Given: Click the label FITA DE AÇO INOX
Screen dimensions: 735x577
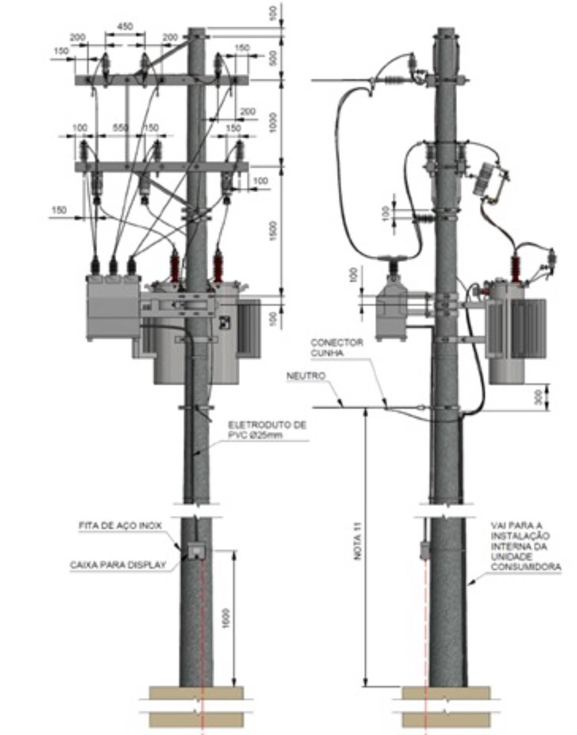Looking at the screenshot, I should (x=120, y=526).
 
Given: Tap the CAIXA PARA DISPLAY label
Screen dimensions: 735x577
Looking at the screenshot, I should (x=118, y=565).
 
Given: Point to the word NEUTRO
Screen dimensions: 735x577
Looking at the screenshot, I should (x=306, y=376).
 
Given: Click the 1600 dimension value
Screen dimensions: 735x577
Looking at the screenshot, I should (x=226, y=618).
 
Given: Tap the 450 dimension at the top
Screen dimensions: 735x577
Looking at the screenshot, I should (x=125, y=27).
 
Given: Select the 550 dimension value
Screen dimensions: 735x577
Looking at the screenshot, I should (x=120, y=128).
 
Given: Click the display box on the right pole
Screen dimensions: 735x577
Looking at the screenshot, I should (x=424, y=549).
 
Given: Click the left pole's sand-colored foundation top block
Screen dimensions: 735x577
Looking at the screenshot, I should (x=196, y=693).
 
